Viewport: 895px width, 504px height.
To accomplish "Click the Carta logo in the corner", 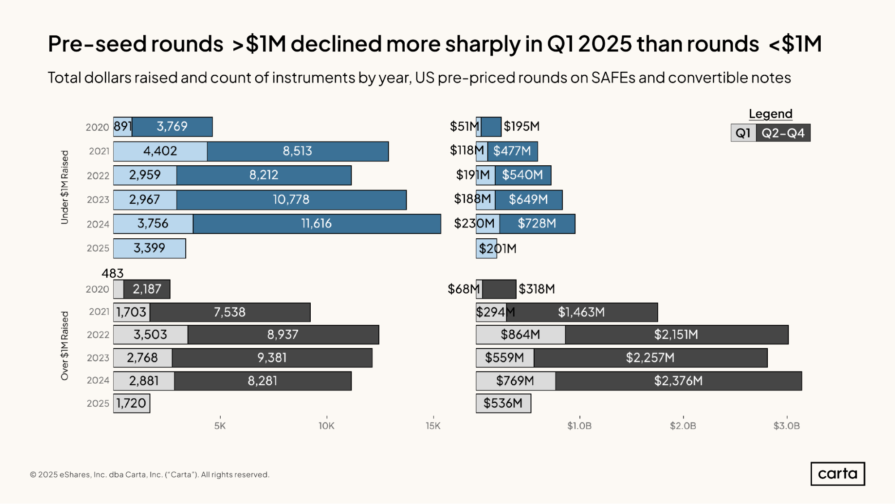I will click(837, 474).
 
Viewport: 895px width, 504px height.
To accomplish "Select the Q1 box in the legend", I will click(743, 133).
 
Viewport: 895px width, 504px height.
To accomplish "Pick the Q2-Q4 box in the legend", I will click(783, 133).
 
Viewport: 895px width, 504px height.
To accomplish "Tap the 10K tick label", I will click(326, 426).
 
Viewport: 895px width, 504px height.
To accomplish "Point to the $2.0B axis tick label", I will click(683, 426).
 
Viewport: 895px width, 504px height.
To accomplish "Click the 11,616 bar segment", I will click(317, 224).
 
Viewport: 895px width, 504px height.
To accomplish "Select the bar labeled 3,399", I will click(150, 248).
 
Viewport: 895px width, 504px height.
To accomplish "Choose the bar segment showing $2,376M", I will click(678, 381).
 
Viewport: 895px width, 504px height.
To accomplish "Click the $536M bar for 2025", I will click(503, 403).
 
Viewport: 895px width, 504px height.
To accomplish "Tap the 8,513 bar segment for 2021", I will click(298, 151).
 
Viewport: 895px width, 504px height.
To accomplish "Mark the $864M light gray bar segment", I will click(520, 335).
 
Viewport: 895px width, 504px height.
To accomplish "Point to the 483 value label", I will click(112, 273).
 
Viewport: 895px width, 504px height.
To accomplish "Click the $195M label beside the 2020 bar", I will click(522, 127).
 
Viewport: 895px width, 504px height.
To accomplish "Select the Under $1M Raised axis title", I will click(65, 187).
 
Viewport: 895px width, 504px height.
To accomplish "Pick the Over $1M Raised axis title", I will click(65, 346).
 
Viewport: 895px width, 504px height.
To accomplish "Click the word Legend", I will click(771, 114).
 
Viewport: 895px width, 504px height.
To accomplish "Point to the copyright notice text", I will click(150, 474).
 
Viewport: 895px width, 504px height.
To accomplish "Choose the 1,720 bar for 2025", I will click(132, 403).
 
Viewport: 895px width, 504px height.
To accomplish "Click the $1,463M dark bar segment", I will click(582, 312).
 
